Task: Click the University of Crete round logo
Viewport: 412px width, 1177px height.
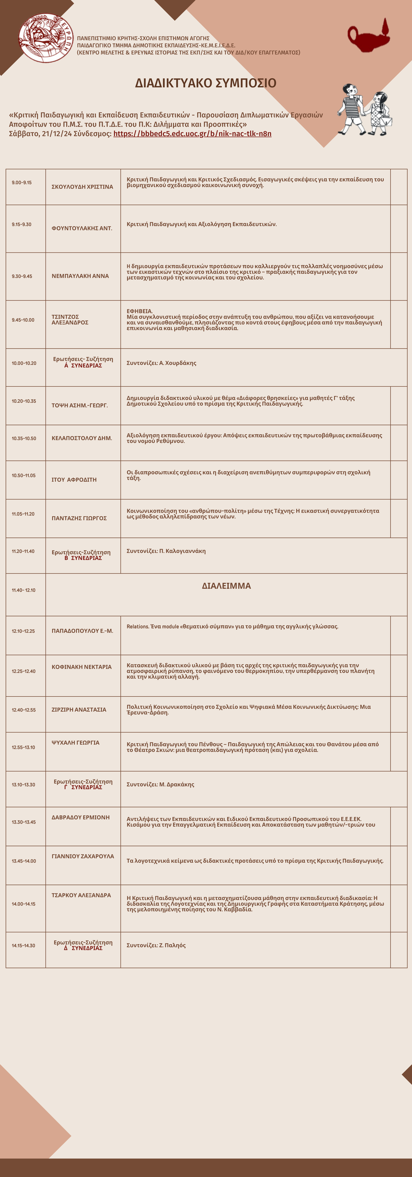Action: [46, 38]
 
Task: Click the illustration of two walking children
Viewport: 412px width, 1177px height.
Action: [365, 110]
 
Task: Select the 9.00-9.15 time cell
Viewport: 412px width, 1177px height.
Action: [22, 183]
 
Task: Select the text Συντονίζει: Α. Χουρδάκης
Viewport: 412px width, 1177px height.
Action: [161, 363]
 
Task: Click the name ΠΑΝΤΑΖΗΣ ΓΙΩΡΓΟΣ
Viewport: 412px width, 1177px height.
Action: [79, 518]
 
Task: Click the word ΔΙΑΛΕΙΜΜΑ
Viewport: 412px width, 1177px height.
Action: [226, 586]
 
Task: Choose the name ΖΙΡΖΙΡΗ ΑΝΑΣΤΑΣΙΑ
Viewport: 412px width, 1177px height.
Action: [79, 710]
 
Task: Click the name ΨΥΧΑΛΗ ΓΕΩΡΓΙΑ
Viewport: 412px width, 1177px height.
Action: [75, 743]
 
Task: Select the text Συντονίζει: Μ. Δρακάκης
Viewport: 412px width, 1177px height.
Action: [160, 785]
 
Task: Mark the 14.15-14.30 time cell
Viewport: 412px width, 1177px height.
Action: [23, 945]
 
